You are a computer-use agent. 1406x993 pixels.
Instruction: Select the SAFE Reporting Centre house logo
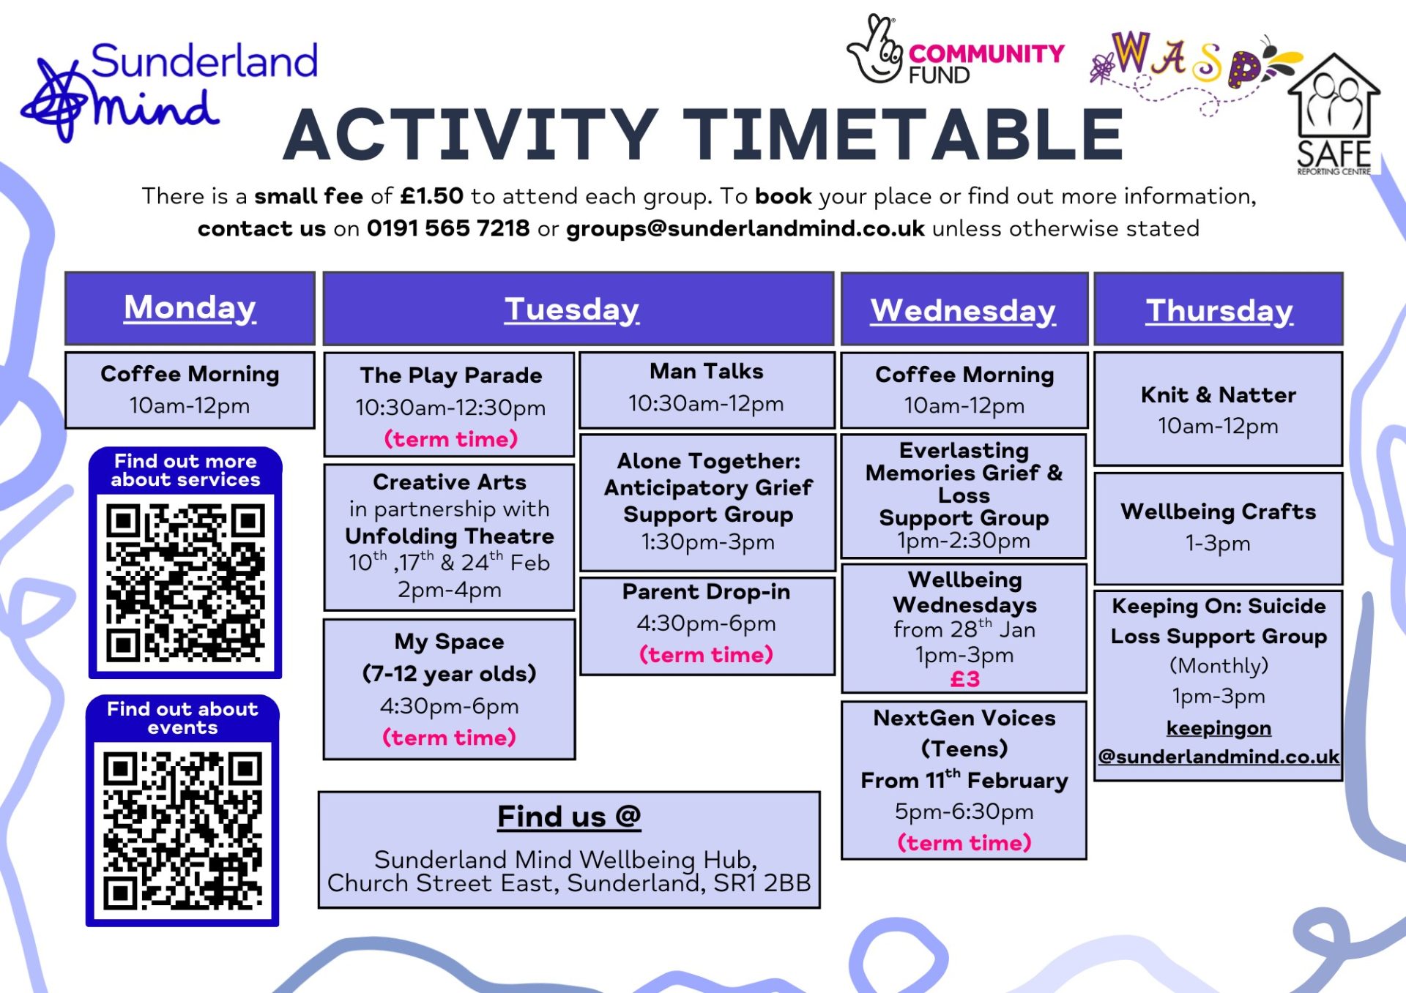coord(1334,114)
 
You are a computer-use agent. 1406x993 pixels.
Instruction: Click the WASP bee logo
coord(1194,70)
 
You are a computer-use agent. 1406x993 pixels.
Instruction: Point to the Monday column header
coord(190,307)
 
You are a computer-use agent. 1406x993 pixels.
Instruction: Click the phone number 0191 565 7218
coord(448,228)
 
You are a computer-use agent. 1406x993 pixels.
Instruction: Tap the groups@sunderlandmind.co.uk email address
coord(745,229)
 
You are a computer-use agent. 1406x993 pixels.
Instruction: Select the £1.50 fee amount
coord(432,196)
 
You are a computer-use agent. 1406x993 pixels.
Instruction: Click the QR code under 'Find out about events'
coord(182,831)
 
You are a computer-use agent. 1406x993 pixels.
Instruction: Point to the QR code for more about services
coord(185,582)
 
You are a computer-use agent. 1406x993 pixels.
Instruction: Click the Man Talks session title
coord(707,372)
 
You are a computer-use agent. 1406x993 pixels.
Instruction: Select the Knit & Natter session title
coord(1219,395)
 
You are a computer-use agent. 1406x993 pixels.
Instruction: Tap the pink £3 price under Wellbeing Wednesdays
coord(965,679)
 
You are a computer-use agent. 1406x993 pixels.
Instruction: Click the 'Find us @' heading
coord(569,817)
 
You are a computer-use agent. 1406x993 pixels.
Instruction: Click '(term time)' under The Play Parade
coord(450,439)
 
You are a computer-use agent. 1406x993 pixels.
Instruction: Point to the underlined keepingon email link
coord(1219,742)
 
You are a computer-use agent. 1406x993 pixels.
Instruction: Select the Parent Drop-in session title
coord(707,592)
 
